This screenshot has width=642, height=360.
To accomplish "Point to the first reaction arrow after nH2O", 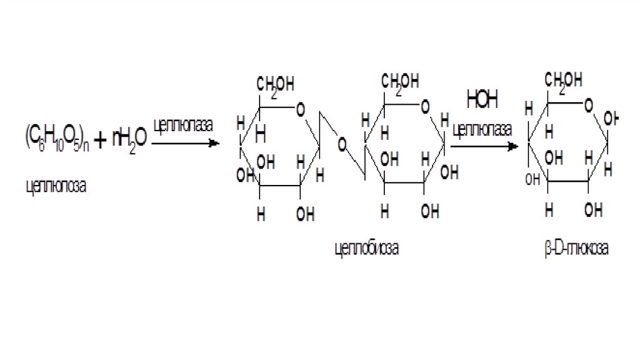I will click(x=185, y=144).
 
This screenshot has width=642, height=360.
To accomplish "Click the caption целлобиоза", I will click(x=366, y=249).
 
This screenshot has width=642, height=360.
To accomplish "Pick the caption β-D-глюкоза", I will click(x=576, y=249).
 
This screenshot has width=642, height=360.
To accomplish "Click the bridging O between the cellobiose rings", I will click(x=342, y=145).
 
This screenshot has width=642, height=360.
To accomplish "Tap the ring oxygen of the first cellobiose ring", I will click(x=301, y=110).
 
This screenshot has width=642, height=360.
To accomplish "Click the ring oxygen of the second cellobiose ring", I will click(x=426, y=107).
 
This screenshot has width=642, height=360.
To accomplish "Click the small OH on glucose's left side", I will click(x=532, y=179).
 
